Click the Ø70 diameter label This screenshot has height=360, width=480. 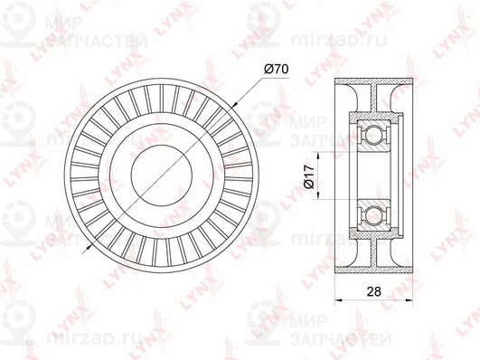276,70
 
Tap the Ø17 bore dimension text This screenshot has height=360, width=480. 309,175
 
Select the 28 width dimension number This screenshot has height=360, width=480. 373,291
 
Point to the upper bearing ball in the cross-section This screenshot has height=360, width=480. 371,133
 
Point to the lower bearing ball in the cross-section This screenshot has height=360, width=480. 371,213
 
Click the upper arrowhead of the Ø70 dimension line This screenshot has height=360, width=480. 235,104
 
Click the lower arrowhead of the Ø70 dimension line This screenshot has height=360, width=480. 89,247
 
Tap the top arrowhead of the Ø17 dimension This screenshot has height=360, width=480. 318,156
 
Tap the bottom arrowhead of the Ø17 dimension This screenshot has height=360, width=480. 318,194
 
